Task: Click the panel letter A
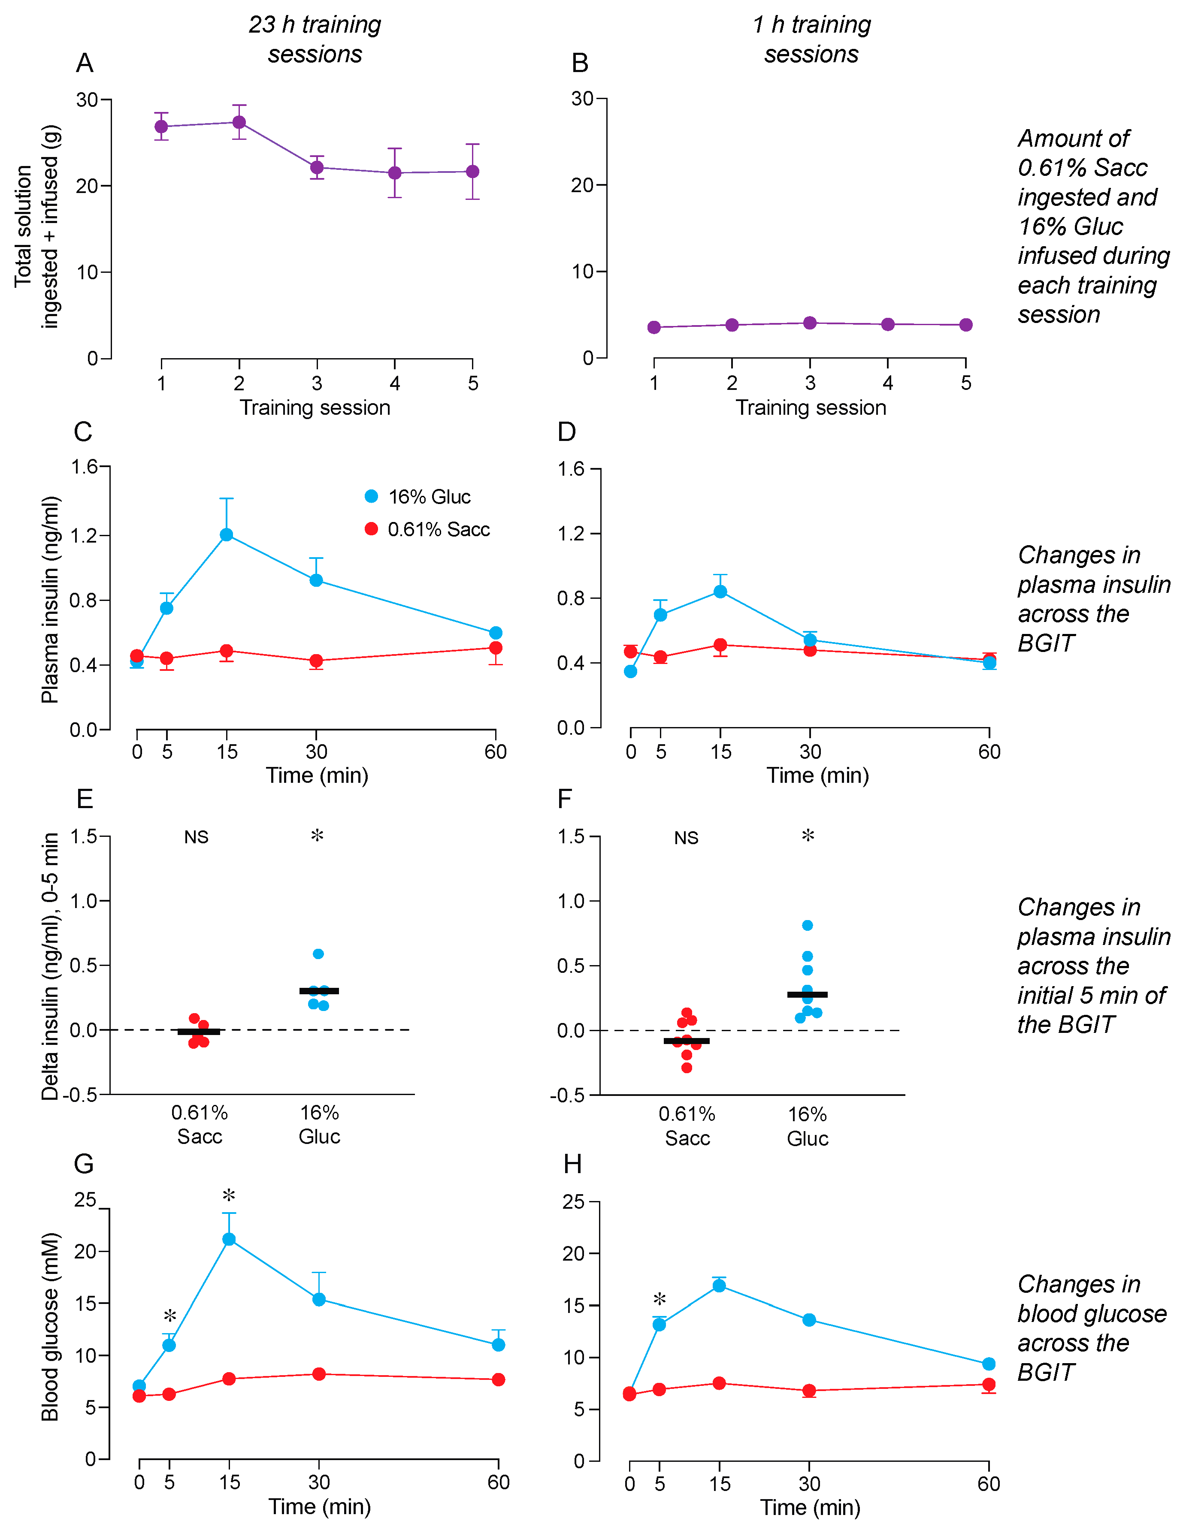tap(85, 63)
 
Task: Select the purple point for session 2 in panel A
tap(239, 122)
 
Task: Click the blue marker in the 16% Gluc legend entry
tap(372, 496)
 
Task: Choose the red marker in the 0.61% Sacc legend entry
tap(372, 529)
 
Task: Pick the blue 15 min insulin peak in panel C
tap(227, 535)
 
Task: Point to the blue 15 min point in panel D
tap(720, 591)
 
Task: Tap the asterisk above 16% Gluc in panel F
tap(808, 836)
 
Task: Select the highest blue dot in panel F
tap(807, 925)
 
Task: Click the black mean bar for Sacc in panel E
tap(199, 1031)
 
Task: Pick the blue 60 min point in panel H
tap(989, 1364)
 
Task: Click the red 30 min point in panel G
tap(319, 1374)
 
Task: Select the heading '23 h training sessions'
tap(315, 39)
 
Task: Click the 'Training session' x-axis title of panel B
tap(811, 407)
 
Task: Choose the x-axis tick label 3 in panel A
tap(317, 383)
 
